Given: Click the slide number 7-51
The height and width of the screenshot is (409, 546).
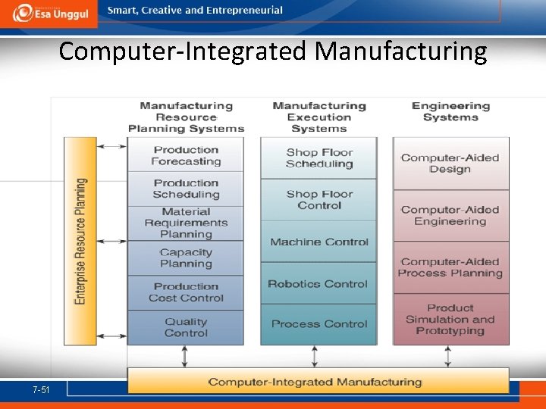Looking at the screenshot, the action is [x=41, y=389].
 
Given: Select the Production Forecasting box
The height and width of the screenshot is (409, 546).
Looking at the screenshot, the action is [x=186, y=155].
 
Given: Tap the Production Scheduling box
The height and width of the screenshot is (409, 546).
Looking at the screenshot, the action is [x=186, y=189].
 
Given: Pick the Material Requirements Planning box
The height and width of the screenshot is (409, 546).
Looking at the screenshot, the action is [x=186, y=223].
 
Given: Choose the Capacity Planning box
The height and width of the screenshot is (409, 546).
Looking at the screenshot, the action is [x=186, y=258].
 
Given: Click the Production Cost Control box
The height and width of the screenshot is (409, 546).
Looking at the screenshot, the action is [x=186, y=292].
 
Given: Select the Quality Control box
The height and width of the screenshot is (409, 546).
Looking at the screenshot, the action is [x=186, y=327].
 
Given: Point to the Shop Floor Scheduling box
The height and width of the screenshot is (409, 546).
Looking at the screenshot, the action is [x=319, y=158].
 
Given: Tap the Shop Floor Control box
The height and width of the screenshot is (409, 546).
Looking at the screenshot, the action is [x=319, y=199].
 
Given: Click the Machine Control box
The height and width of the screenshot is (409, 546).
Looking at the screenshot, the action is [x=319, y=242].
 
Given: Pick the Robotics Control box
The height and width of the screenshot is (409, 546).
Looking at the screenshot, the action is [x=319, y=284].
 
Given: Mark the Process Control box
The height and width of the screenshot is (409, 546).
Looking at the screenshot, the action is [x=319, y=324].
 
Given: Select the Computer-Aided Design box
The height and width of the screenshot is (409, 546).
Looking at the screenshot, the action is [x=450, y=164].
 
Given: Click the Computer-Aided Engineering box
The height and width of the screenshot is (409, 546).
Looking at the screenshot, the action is [x=450, y=215].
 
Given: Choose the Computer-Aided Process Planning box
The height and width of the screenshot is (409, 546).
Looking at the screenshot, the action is [x=450, y=267].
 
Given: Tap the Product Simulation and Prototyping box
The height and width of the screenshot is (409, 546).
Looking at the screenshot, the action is [x=450, y=319].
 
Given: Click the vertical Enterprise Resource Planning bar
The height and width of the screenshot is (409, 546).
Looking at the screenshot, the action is [x=80, y=241].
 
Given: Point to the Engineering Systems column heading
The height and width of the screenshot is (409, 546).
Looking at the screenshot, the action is [x=450, y=111].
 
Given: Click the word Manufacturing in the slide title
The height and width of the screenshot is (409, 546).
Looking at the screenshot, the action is [x=401, y=52].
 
